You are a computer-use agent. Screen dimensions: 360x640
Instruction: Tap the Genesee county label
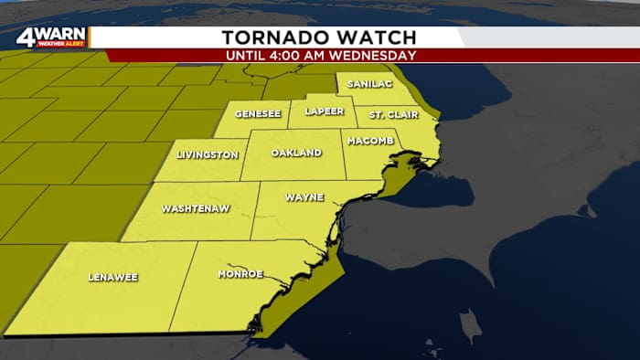[x=257, y=115]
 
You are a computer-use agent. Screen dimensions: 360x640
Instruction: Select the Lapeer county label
[x=324, y=111]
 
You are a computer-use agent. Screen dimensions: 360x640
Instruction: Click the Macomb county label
[x=369, y=142]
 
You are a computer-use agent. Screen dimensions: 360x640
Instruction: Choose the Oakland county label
[x=296, y=153]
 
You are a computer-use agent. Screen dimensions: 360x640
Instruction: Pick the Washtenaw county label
[x=195, y=208]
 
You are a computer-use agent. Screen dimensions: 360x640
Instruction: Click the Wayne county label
[x=303, y=196]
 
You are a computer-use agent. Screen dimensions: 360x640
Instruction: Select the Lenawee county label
[x=112, y=276]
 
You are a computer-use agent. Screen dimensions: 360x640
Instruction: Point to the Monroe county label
[x=240, y=274]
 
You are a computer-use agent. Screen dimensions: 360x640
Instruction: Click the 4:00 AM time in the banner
[x=309, y=55]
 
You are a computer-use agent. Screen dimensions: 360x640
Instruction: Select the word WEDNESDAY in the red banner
[x=374, y=55]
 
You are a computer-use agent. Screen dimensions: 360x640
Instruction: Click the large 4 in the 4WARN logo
[x=25, y=38]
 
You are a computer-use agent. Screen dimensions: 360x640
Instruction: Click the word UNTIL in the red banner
[x=249, y=55]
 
